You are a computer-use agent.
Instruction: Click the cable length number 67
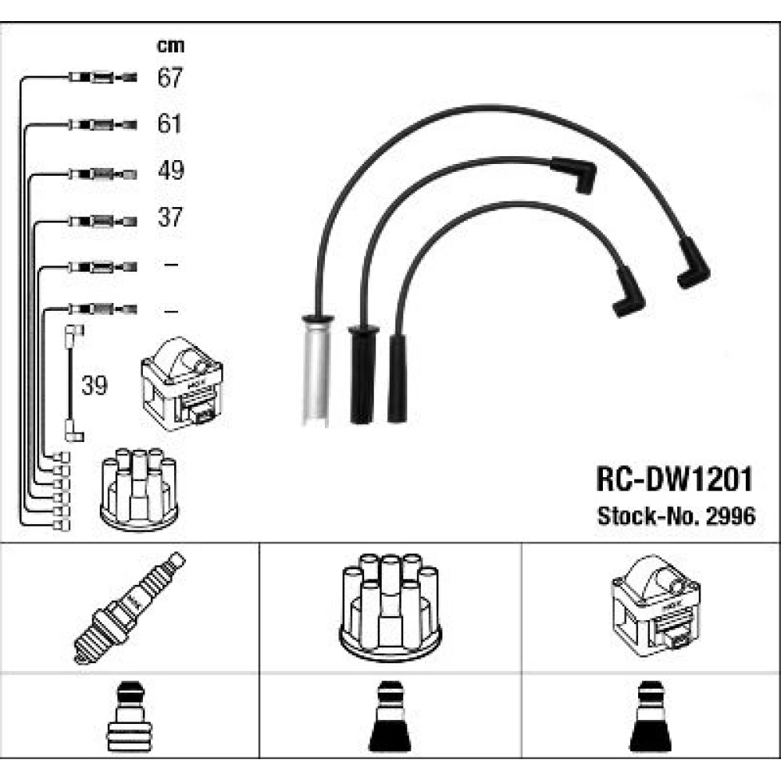(x=169, y=77)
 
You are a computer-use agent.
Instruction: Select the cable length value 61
(x=169, y=123)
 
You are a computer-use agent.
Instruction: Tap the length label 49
(x=171, y=170)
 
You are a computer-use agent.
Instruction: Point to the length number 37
(x=170, y=217)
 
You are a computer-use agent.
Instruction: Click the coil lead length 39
(x=95, y=385)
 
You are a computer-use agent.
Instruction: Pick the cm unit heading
(x=170, y=46)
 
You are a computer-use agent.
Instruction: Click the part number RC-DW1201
(x=674, y=480)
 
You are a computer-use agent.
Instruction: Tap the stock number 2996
(x=731, y=516)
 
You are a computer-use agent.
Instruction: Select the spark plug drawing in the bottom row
(x=130, y=608)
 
